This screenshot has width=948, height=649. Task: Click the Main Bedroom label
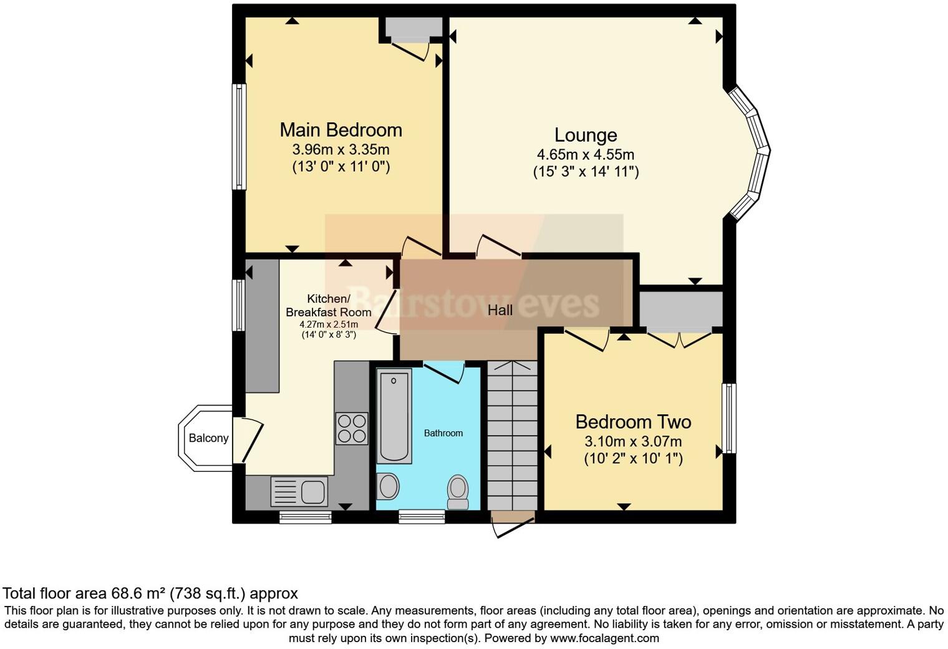coord(341,130)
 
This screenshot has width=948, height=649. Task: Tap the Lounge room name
coord(586,135)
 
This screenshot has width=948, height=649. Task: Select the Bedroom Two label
coord(633,422)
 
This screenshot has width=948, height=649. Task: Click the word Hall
coord(500,310)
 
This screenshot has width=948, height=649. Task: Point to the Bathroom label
coord(443,433)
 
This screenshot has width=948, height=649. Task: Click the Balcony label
coord(208,438)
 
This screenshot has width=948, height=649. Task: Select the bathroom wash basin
coord(388,486)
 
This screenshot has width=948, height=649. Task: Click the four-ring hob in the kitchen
coord(352,428)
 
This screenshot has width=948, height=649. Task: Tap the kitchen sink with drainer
coord(299,491)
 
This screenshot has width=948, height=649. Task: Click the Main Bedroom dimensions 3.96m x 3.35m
coord(341,150)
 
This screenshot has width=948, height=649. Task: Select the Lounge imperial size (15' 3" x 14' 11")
coord(586,172)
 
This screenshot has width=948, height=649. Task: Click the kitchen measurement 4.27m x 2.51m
coord(329,324)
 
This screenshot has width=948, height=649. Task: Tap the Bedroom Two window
coord(728,418)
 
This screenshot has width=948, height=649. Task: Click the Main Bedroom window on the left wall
coord(239,137)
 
